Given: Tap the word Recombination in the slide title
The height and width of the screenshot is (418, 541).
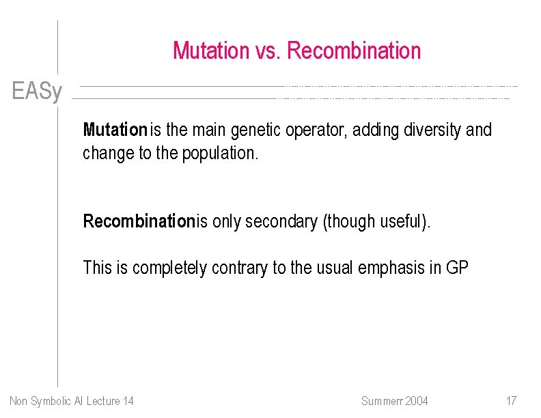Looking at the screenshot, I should pyautogui.click(x=354, y=51).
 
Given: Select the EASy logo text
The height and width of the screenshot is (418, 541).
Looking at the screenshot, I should pyautogui.click(x=37, y=92).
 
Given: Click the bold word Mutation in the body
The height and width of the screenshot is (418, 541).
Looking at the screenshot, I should pyautogui.click(x=115, y=130).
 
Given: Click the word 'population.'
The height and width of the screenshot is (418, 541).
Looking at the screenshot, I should pyautogui.click(x=221, y=153).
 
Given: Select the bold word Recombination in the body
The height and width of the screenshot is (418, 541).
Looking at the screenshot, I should pyautogui.click(x=139, y=221).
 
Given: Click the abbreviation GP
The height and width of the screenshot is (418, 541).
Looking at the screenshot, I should pyautogui.click(x=457, y=268).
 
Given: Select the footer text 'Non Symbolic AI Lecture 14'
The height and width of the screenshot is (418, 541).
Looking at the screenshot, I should pyautogui.click(x=72, y=401).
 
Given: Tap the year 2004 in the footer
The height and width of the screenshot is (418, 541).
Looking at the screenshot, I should pyautogui.click(x=416, y=401).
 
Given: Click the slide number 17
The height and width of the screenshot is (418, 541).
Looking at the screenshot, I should pyautogui.click(x=511, y=401).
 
